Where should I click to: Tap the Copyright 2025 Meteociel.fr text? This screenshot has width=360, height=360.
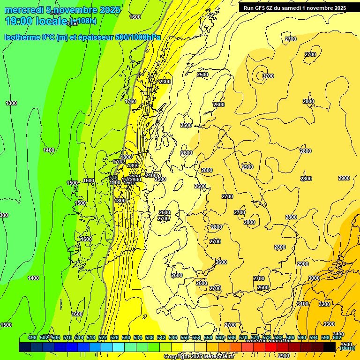pos(199,357)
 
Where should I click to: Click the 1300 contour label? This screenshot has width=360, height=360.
pos(11,103)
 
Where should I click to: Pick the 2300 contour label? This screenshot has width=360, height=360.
pos(165,82)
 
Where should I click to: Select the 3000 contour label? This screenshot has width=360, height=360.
pos(314,278)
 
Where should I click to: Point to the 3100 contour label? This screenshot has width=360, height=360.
pos(303,304)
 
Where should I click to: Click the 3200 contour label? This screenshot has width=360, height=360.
pos(324,304)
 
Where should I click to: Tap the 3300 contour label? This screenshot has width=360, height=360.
pos(329,324)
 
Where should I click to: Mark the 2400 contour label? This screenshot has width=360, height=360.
pos(151,175)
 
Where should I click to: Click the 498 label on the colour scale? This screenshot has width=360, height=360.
pos(32,338)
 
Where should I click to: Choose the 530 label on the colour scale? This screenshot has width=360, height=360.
pos(126,338)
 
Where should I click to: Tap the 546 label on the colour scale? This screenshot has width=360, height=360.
pos(173,338)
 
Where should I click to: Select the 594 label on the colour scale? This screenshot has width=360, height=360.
pos(314,338)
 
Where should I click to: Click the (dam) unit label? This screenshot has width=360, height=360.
pos(347,348)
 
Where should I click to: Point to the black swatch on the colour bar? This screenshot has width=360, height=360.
pos(330,347)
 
